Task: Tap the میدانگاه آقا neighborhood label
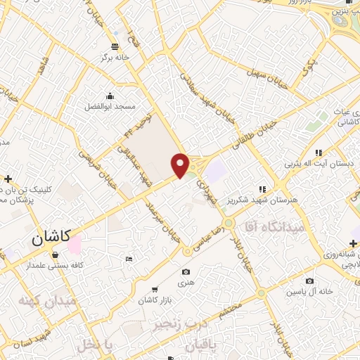pos(274,227)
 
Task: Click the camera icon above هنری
pos(186,272)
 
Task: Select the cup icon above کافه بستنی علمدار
pos(55,255)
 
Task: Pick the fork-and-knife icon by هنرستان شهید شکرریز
pos(262,189)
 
